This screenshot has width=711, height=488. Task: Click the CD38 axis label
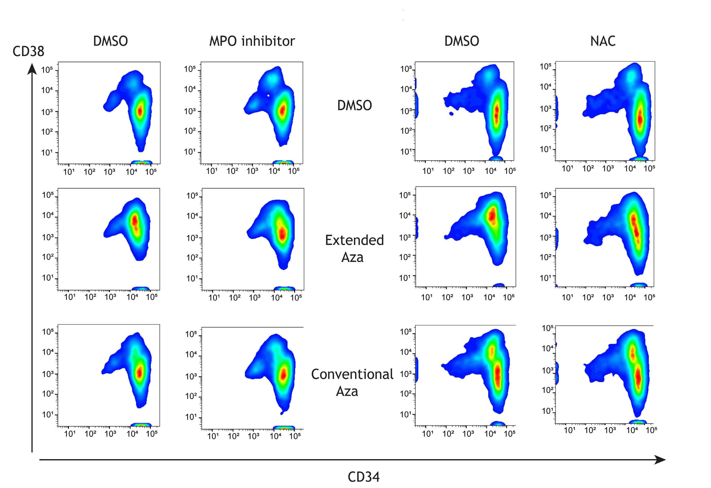point(28,51)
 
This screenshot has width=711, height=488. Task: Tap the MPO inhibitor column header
point(252,41)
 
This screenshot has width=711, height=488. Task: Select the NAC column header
point(603,41)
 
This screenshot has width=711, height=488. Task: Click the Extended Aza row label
point(354,248)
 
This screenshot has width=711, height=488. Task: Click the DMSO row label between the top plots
point(354,105)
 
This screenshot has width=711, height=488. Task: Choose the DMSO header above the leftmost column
point(111,41)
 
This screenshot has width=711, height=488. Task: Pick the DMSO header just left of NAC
point(462,41)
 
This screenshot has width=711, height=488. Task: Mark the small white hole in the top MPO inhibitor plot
point(268,96)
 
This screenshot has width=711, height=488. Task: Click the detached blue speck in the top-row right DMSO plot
point(451,114)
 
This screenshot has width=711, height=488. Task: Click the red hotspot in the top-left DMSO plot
point(140,111)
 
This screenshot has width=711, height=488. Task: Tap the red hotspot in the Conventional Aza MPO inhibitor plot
point(283,374)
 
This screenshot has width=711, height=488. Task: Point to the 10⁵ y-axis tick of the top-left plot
point(47,70)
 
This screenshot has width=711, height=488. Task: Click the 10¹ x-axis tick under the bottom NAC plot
point(569,430)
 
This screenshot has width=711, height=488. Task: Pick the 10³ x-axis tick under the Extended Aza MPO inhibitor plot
point(255,297)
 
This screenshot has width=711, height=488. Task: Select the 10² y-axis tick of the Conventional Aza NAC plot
point(548,390)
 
